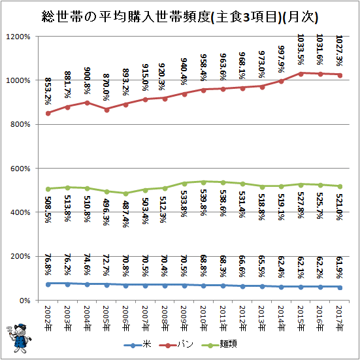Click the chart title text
click(180, 17)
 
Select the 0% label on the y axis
click(25, 301)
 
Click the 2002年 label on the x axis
click(48, 318)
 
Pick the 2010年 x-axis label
click(203, 318)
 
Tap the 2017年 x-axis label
click(340, 318)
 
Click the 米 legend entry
click(138, 344)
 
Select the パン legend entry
click(176, 344)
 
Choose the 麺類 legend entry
click(219, 344)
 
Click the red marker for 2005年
click(106, 110)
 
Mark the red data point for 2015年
click(301, 74)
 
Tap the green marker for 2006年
click(125, 194)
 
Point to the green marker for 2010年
click(203, 182)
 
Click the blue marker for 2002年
click(48, 284)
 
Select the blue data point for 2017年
click(340, 287)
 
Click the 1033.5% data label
click(301, 50)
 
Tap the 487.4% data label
click(125, 214)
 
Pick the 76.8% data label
click(48, 265)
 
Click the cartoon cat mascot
click(19, 338)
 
